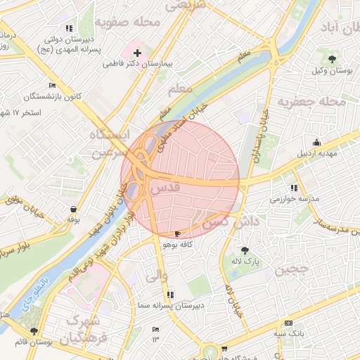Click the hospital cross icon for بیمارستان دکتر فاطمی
pyautogui.click(x=137, y=53)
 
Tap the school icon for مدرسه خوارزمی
pyautogui.click(x=293, y=188)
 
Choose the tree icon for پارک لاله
pyautogui.click(x=245, y=250)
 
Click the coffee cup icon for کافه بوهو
pyautogui.click(x=177, y=233)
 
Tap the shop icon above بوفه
pyautogui.click(x=74, y=209)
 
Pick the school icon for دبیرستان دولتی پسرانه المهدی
pyautogui.click(x=68, y=28)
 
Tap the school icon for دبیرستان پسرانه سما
pyautogui.click(x=171, y=294)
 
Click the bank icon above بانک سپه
pyautogui.click(x=288, y=321)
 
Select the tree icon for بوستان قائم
pyautogui.click(x=33, y=331)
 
